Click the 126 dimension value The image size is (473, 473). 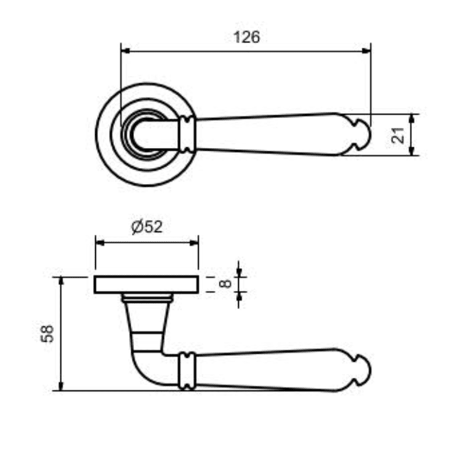(x=247, y=37)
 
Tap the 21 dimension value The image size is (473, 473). (x=398, y=135)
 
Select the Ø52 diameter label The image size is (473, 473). (x=147, y=227)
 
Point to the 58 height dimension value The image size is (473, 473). (x=47, y=333)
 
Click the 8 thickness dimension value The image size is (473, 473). (x=225, y=284)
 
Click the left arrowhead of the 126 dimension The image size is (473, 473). (x=125, y=51)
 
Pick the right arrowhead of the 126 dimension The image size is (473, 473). (x=366, y=51)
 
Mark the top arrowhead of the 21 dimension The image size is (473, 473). (x=412, y=119)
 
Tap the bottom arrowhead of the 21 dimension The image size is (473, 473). (x=412, y=151)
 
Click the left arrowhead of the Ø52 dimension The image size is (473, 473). (x=100, y=243)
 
